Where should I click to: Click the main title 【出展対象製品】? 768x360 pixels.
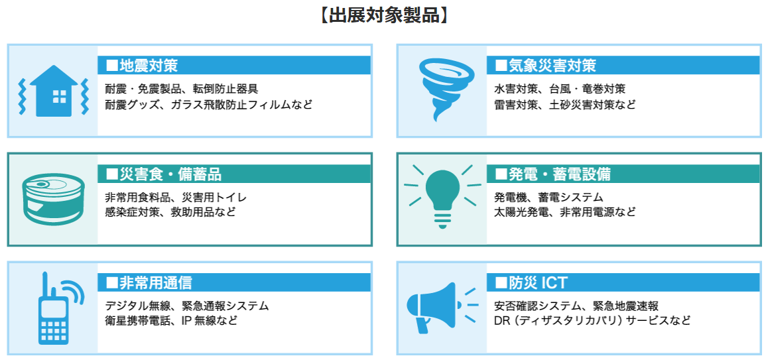coord(383,15)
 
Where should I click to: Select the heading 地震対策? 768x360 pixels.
coord(141,65)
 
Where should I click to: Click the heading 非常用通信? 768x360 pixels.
coord(149,282)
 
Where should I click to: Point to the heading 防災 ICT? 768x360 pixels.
coord(531,282)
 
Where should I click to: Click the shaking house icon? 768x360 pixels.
coord(53,91)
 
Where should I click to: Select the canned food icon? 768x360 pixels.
coord(53,200)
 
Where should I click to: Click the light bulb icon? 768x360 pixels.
coord(442,197)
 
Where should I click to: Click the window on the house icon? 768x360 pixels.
coord(59,97)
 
